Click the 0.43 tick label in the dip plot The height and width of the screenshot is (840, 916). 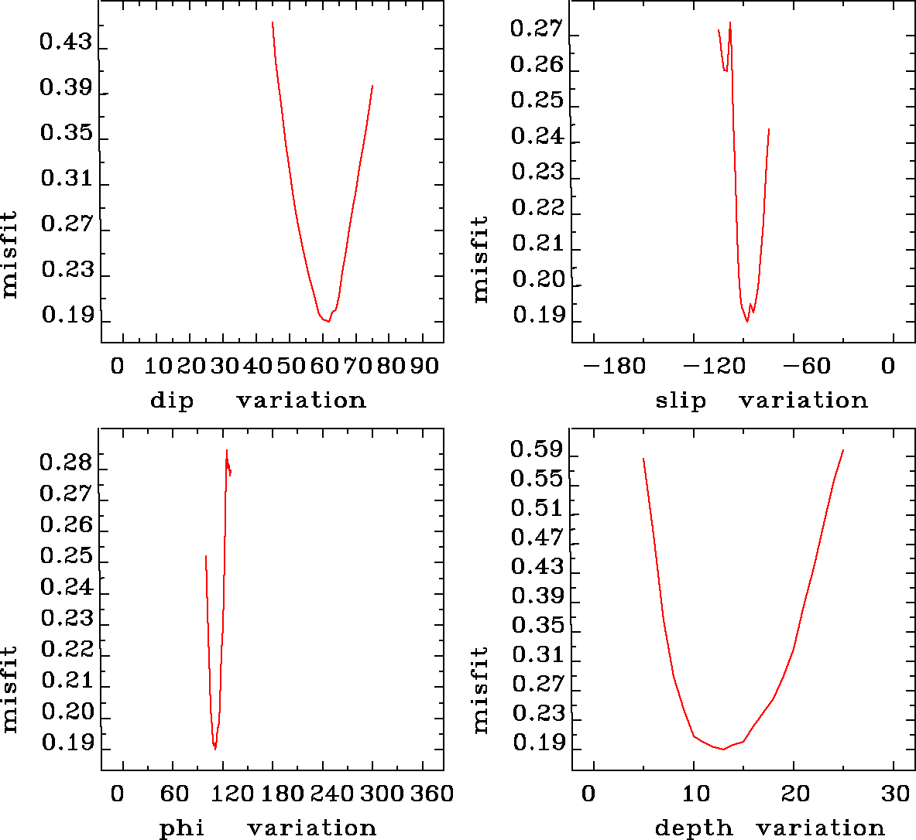[66, 43]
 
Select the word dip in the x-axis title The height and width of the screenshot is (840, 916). [172, 401]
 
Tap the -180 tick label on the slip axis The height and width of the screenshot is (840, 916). [613, 366]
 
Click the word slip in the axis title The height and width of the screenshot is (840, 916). [681, 401]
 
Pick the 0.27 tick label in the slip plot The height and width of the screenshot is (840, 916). [537, 29]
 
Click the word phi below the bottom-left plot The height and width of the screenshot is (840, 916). [181, 828]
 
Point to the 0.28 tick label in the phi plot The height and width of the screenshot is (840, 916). [66, 463]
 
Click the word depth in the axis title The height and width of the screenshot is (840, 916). [694, 828]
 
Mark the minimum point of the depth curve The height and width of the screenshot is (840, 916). [722, 750]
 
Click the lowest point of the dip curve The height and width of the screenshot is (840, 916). [328, 321]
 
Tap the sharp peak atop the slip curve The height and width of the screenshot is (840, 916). [729, 22]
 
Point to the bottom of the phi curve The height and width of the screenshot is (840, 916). [214, 749]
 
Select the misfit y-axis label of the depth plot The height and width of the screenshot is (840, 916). [481, 690]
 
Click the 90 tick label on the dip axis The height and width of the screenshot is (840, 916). [424, 366]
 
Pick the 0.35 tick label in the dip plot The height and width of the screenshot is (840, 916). [66, 133]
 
